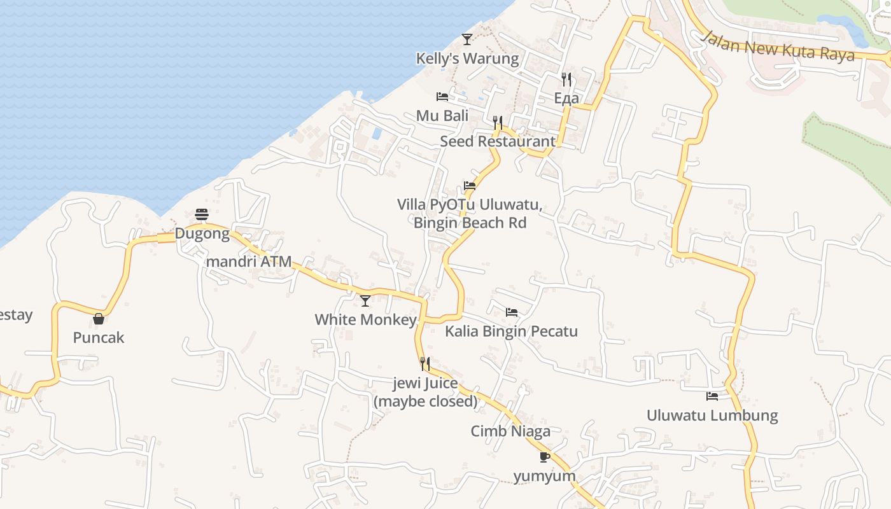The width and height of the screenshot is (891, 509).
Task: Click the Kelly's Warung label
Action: [x=467, y=59]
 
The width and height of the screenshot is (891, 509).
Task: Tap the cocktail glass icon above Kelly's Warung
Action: [x=467, y=39]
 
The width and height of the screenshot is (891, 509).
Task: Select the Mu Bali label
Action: [x=442, y=116]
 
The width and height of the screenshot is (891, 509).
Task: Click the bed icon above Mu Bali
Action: [x=442, y=97]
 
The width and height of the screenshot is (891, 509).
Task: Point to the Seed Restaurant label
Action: [x=498, y=141]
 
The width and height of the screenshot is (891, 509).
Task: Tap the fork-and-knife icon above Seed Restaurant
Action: [x=498, y=122]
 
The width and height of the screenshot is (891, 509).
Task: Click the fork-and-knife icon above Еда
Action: [x=566, y=79]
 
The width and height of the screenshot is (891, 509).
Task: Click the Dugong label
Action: [x=202, y=234]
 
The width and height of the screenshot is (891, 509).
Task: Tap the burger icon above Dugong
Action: [x=202, y=214]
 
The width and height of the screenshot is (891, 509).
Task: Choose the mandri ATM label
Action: [x=249, y=261]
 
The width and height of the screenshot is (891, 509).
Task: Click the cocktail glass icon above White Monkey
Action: [x=365, y=300]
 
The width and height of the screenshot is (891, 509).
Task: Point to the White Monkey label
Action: [x=365, y=319]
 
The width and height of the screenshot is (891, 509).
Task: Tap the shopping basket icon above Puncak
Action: [x=99, y=319]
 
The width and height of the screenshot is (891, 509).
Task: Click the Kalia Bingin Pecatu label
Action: [x=511, y=331]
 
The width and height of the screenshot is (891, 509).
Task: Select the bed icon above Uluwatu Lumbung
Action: [x=712, y=396]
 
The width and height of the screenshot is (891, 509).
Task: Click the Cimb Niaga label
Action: [x=510, y=431]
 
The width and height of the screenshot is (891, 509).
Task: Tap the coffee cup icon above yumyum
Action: [x=544, y=457]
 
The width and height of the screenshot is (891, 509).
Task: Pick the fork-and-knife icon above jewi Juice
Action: [x=425, y=364]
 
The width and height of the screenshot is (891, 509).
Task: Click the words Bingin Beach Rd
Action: [x=470, y=223]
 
